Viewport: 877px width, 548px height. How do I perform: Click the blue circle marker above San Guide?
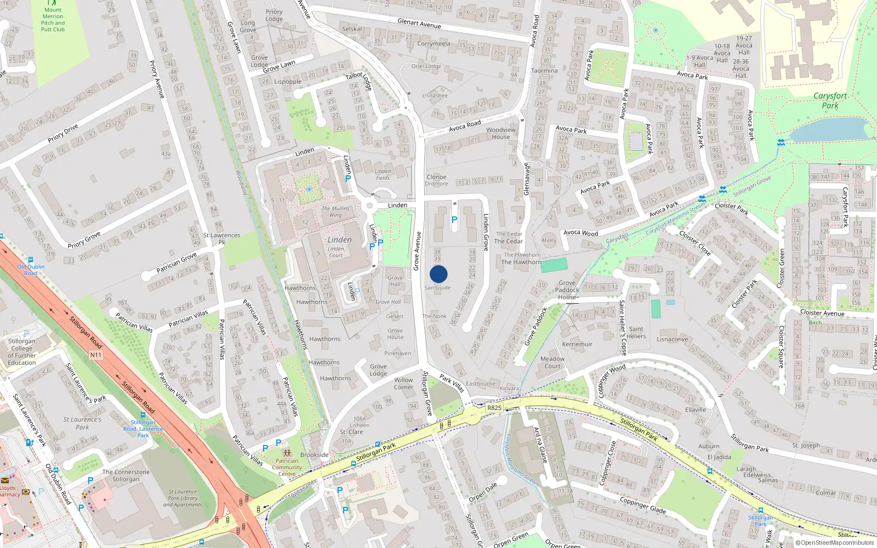pos(438,274)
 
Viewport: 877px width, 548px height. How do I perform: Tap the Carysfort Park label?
pos(830,100)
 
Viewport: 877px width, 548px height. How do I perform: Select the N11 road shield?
pos(96,355)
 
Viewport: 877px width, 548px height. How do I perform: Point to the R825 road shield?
pos(494,408)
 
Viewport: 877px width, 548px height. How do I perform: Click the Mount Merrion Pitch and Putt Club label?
pos(53,20)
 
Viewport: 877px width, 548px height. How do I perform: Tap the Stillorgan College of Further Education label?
pos(22,352)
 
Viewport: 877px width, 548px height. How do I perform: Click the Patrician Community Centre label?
pos(287,467)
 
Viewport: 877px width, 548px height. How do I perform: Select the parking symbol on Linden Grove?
pos(454,220)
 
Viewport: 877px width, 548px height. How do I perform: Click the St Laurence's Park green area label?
pos(82,423)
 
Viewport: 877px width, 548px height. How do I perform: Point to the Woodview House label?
pos(501,133)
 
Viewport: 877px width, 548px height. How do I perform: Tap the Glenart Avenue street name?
pos(419,24)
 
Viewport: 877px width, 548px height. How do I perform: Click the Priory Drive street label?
pos(62,133)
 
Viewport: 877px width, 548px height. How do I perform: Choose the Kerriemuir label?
pos(577,344)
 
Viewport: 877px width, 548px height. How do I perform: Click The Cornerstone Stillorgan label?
pos(126,476)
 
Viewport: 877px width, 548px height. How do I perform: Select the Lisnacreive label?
pos(672,339)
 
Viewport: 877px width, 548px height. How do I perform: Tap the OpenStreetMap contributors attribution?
pos(834,543)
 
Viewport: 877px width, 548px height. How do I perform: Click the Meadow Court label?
pos(552,362)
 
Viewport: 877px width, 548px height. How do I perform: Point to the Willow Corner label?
pos(403,383)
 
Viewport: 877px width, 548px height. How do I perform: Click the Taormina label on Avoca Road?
pos(544,71)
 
